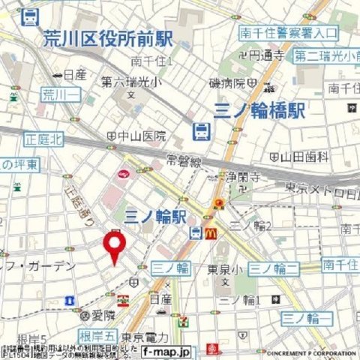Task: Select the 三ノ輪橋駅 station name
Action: (x=259, y=110)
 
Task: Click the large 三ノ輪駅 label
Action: (x=155, y=217)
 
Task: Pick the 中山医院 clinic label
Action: (x=142, y=136)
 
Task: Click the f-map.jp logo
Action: (x=167, y=350)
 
